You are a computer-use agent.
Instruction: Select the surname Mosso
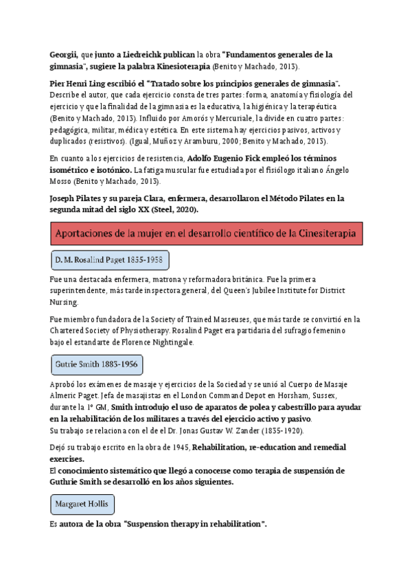coord(64,181)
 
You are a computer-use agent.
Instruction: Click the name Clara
coord(157,198)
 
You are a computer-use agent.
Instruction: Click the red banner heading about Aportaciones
coord(206,233)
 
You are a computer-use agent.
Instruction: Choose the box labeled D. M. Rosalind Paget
coord(110,261)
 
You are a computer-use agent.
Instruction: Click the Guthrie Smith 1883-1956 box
coord(97,364)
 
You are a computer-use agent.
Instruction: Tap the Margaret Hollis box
coord(82,504)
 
